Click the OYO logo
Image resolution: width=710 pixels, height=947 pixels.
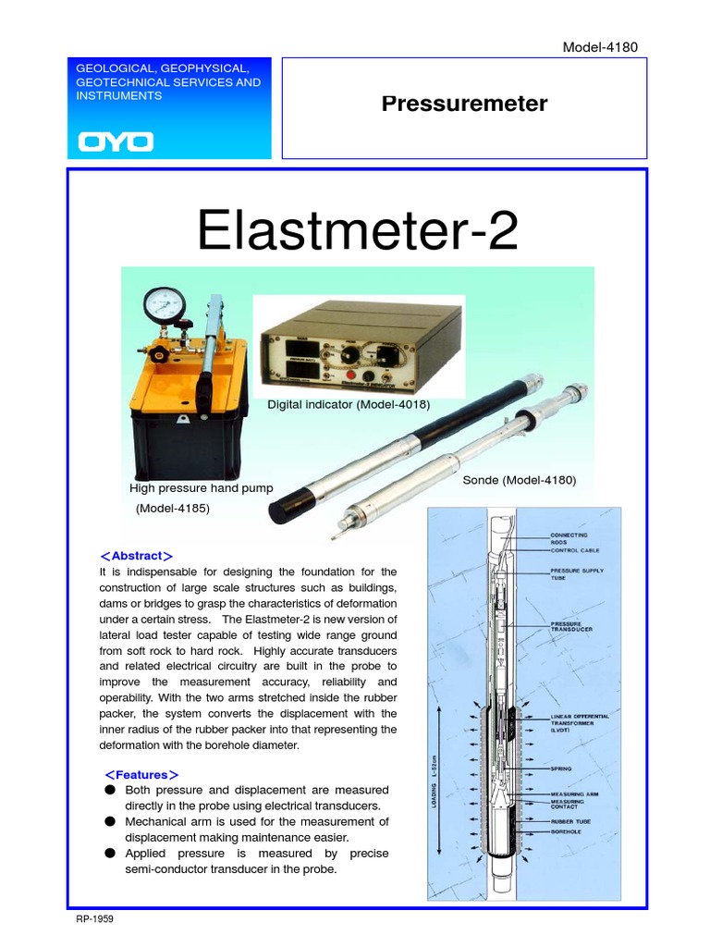click(x=116, y=142)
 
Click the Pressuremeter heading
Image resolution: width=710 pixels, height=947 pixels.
click(x=464, y=104)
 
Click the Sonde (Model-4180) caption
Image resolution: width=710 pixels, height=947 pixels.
click(x=520, y=480)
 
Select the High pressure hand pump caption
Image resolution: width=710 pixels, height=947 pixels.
click(x=202, y=487)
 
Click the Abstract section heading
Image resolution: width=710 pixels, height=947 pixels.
click(x=136, y=556)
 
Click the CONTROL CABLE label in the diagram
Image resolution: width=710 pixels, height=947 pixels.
click(x=575, y=550)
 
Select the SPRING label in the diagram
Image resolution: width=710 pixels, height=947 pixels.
click(x=561, y=768)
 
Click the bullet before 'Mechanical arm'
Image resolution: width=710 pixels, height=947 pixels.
click(x=109, y=821)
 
